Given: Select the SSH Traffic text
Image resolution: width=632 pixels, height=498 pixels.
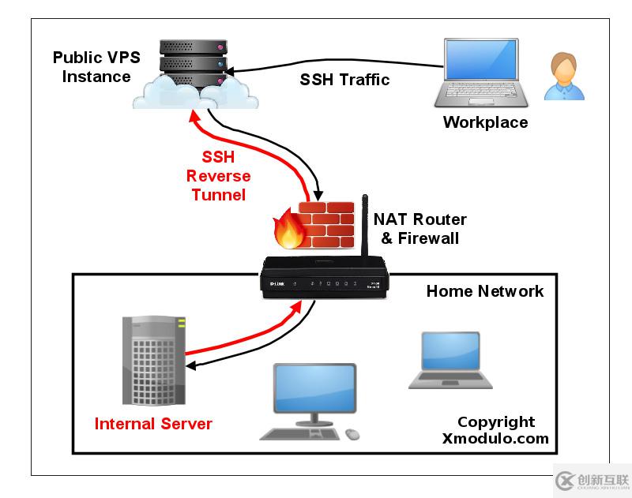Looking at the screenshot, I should [344, 80].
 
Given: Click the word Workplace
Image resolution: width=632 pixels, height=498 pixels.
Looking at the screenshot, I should [485, 122].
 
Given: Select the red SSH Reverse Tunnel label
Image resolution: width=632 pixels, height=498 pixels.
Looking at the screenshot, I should [218, 176].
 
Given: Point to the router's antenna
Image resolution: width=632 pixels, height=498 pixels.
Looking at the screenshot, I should [365, 229].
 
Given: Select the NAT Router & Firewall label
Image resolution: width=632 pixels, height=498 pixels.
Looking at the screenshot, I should [419, 228].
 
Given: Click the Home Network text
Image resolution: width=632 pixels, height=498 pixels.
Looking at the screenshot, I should [485, 291].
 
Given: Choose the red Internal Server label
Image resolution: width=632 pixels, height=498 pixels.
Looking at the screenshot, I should [153, 424].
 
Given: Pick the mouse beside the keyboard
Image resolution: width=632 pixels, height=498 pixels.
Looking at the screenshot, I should [352, 434].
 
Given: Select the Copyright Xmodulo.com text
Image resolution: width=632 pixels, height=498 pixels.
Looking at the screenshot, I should [495, 431].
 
